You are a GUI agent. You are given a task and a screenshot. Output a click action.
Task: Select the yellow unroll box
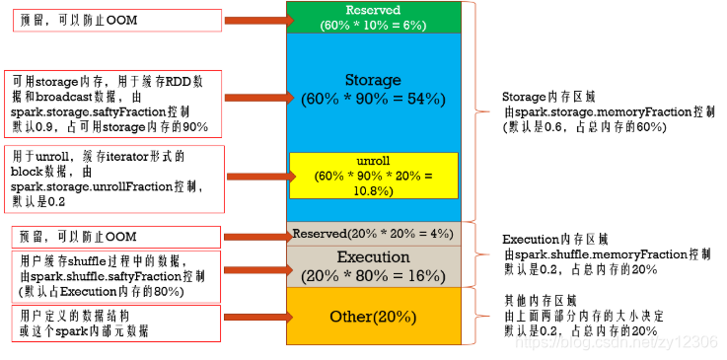[373, 176]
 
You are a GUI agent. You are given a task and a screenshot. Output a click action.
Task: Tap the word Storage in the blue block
[373, 79]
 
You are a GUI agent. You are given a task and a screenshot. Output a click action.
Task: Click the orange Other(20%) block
[373, 317]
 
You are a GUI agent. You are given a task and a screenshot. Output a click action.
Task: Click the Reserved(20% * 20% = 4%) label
[373, 234]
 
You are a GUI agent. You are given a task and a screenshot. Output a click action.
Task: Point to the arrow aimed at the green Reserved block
[254, 18]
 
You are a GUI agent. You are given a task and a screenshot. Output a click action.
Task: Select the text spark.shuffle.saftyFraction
[102, 277]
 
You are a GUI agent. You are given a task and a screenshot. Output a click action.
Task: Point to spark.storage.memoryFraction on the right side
[607, 112]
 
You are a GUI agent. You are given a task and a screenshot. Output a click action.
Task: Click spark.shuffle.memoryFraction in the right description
[607, 253]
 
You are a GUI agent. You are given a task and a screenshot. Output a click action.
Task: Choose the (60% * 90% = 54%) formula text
[373, 99]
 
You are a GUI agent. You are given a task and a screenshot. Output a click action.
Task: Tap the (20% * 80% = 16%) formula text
[373, 275]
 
